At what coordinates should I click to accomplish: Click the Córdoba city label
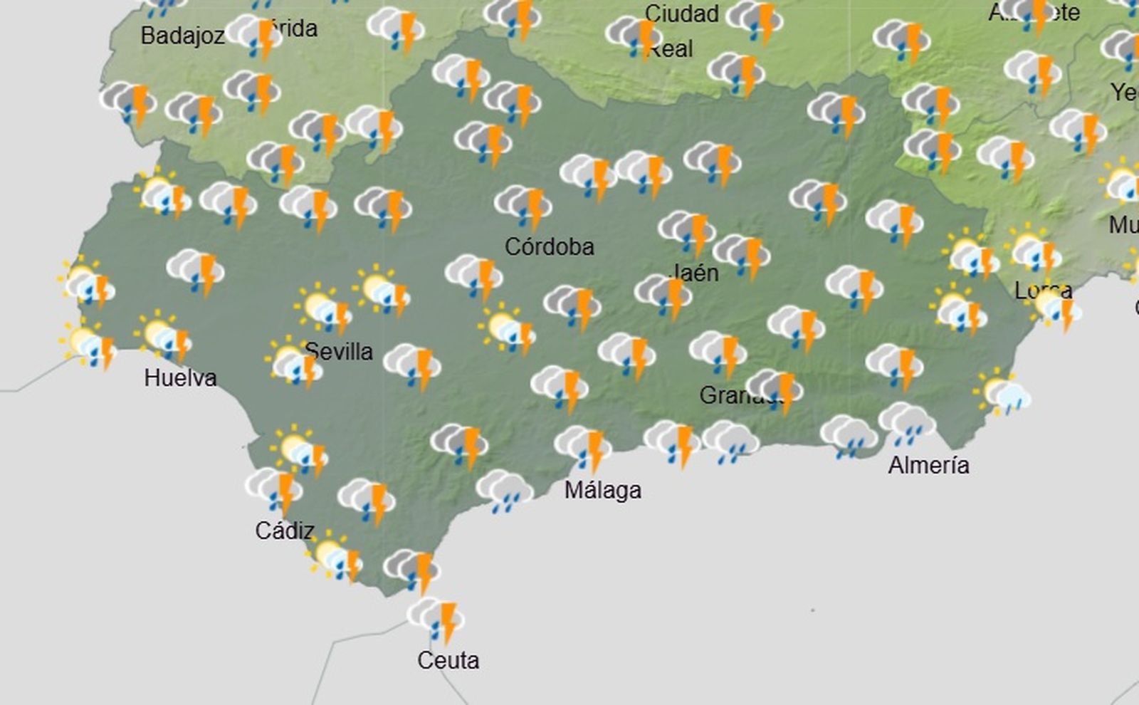click(549, 247)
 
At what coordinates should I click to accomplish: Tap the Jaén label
click(695, 273)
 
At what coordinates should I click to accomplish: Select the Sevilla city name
click(339, 351)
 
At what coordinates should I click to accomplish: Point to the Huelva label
click(180, 377)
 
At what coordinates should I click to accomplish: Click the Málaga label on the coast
click(602, 490)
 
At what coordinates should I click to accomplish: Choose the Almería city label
click(928, 465)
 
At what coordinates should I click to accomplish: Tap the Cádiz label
click(285, 531)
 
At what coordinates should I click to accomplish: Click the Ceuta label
click(448, 660)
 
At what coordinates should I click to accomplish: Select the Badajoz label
click(182, 36)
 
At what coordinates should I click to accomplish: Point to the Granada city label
click(733, 395)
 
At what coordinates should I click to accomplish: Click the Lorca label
click(1043, 291)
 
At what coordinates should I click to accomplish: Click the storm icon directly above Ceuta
click(436, 618)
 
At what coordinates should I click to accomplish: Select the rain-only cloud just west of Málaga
click(504, 491)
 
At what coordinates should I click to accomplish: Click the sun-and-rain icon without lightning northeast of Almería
click(1004, 394)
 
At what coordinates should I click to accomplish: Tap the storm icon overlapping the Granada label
click(776, 390)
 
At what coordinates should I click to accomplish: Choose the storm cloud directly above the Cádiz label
click(275, 489)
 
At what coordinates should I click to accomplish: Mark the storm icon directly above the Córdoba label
click(523, 206)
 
